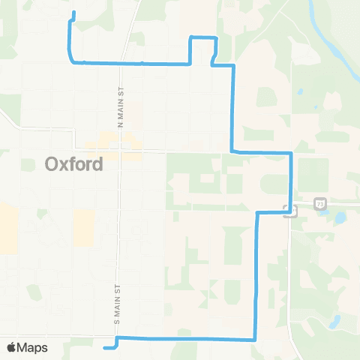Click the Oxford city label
coord(73,163)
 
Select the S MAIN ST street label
coord(118,303)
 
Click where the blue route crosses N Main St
coord(121,64)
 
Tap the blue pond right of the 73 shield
coord(340,218)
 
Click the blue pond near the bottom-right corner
coord(334,323)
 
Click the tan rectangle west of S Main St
coord(84,228)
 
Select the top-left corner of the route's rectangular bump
coord(190,37)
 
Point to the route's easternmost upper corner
coord(291,153)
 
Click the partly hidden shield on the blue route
coord(289,211)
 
